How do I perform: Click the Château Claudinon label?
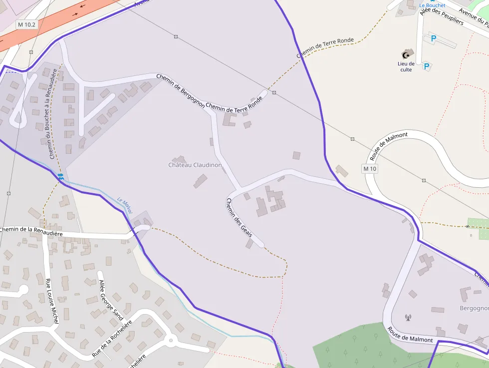coord(195,165)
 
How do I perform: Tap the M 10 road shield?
coord(370,169)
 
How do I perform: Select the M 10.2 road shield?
coord(26,24)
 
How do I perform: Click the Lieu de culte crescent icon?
coord(406,54)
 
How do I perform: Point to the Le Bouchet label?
coord(432,5)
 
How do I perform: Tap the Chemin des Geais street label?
coord(239,218)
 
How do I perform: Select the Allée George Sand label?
coord(111,300)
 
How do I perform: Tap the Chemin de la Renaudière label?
coord(31,231)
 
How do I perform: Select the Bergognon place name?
coord(474,308)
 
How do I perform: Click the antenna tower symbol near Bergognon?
coord(407,317)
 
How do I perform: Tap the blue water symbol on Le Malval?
coord(60,176)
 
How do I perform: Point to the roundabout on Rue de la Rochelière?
coord(171,342)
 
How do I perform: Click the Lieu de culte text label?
coord(406,66)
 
